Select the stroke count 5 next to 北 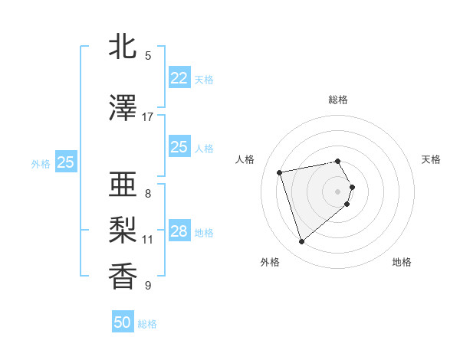pyautogui.click(x=148, y=56)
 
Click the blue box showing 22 pyautogui.click(x=179, y=78)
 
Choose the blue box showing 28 pyautogui.click(x=179, y=231)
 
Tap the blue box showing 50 pyautogui.click(x=123, y=322)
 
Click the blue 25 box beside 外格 pyautogui.click(x=65, y=162)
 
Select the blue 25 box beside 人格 pyautogui.click(x=179, y=147)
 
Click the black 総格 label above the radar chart pyautogui.click(x=338, y=100)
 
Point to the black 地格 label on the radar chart pyautogui.click(x=402, y=262)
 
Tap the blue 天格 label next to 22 pyautogui.click(x=204, y=79)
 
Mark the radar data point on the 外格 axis pyautogui.click(x=301, y=241)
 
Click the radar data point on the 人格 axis pyautogui.click(x=280, y=172)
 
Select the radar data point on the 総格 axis pyautogui.click(x=338, y=161)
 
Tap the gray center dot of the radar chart pyautogui.click(x=338, y=191)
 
